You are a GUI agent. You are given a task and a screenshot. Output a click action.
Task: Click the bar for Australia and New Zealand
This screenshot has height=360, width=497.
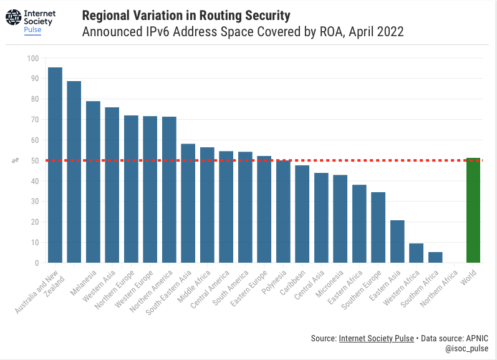click(55, 165)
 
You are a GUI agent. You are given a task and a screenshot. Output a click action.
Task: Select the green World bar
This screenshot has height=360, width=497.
click(473, 210)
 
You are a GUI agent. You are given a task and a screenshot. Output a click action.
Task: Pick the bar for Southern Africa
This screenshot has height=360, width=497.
click(435, 257)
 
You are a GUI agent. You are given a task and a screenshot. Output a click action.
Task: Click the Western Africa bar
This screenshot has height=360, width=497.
click(416, 253)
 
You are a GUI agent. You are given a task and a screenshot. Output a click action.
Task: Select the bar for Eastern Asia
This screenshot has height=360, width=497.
click(397, 241)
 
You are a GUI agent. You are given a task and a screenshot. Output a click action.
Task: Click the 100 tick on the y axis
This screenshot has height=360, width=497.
click(32, 59)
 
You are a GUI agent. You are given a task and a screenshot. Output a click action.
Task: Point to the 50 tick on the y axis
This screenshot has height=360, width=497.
click(34, 161)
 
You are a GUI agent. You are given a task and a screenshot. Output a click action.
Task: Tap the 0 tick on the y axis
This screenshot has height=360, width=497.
click(36, 263)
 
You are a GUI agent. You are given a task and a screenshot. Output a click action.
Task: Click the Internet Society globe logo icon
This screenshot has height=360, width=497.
click(13, 18)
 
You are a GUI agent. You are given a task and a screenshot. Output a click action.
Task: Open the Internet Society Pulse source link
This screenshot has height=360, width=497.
click(376, 338)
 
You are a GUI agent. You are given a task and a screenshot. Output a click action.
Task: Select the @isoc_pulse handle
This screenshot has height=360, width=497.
click(466, 349)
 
